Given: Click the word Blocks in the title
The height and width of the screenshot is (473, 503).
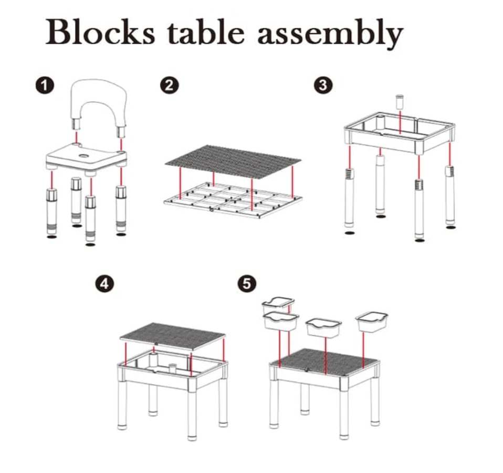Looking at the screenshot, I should [x=100, y=32].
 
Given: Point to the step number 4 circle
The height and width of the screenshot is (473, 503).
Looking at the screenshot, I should [x=104, y=284].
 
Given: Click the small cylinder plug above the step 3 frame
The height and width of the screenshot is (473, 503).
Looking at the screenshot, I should [x=400, y=101].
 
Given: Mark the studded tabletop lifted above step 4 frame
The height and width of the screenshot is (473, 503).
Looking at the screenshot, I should [x=172, y=336].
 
